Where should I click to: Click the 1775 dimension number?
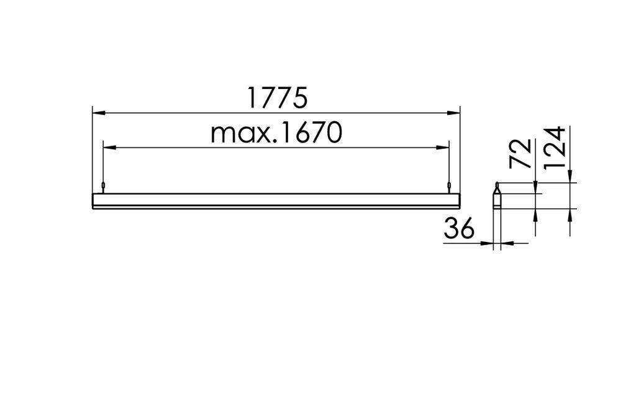277,98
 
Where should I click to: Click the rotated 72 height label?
521,153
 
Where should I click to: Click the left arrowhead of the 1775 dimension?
98,113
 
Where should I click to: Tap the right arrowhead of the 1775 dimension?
455,113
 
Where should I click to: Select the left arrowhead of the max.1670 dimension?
108,147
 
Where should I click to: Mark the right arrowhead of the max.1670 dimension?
443,147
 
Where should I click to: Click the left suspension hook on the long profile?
102,186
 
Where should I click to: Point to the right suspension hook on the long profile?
448,186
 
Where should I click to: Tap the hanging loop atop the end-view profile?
496,185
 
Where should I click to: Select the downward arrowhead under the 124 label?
570,178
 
